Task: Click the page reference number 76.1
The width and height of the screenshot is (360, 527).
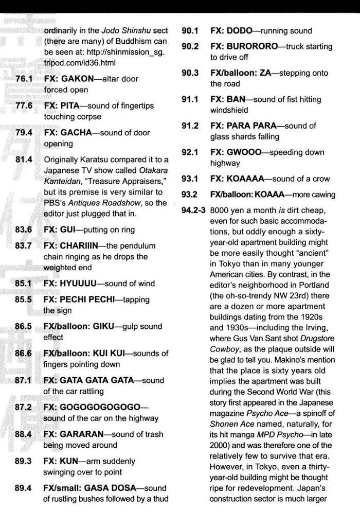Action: click(24, 79)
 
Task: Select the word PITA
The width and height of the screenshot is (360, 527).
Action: click(74, 106)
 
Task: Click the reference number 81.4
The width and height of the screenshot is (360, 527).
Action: click(24, 160)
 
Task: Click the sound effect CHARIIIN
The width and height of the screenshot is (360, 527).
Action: click(83, 245)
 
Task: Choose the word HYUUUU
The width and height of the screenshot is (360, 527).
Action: click(81, 284)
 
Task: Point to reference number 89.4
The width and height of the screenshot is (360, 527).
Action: click(24, 488)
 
